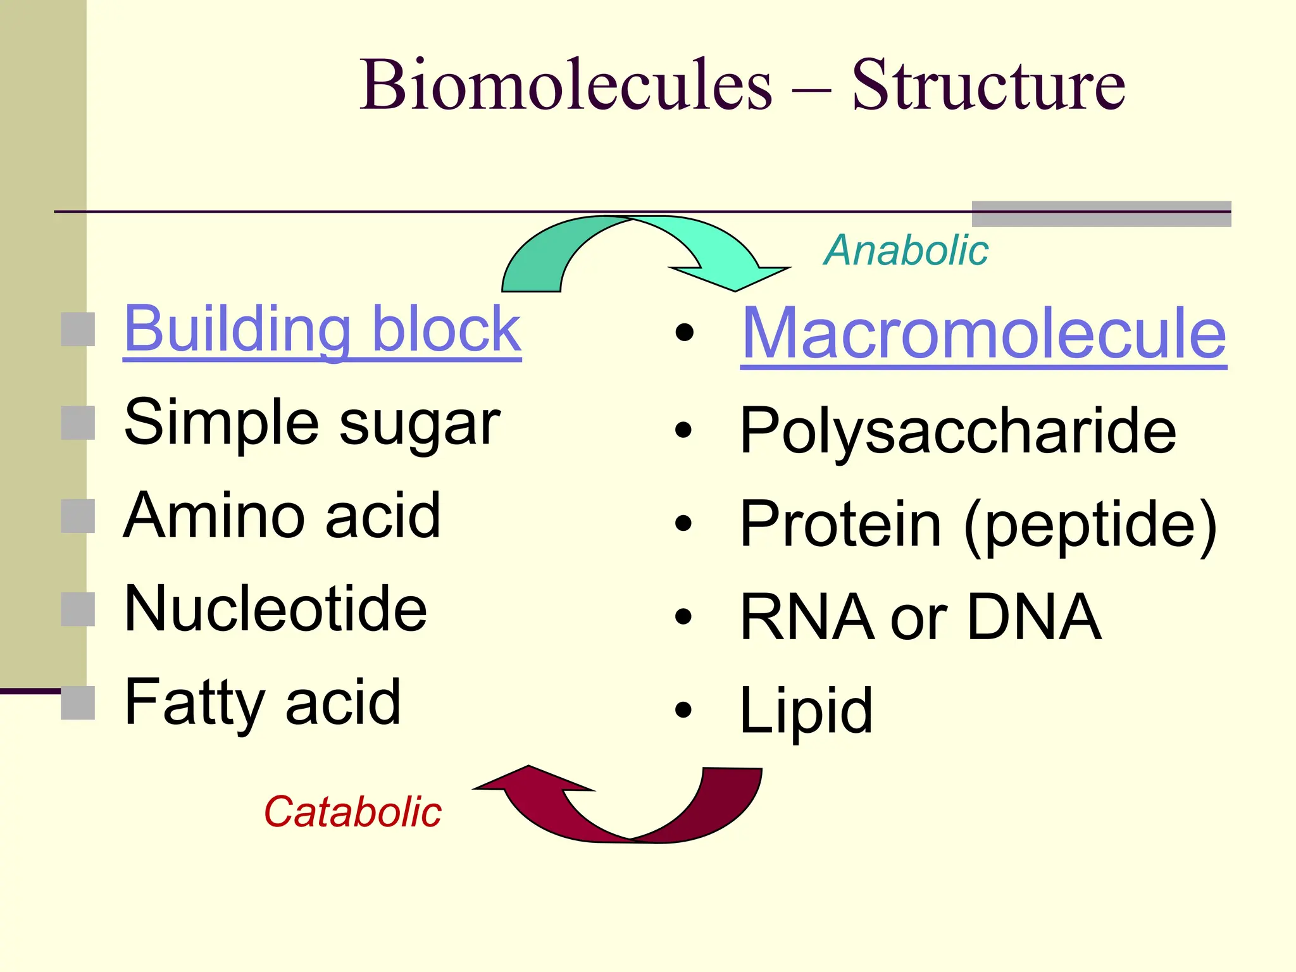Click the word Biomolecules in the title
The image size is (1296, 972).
pyautogui.click(x=566, y=85)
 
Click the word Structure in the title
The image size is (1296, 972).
pyautogui.click(x=988, y=85)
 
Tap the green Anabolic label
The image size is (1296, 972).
pyautogui.click(x=906, y=251)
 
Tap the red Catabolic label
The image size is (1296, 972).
pyautogui.click(x=352, y=812)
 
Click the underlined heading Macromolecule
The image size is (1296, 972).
pyautogui.click(x=983, y=334)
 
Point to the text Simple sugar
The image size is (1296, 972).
pyautogui.click(x=312, y=423)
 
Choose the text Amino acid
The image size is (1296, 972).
pyautogui.click(x=282, y=516)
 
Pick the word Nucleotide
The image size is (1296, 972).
pyautogui.click(x=275, y=609)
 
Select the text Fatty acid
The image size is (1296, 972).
pyautogui.click(x=263, y=702)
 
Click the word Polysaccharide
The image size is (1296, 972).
pyautogui.click(x=957, y=431)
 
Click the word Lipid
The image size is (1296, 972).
pyautogui.click(x=806, y=711)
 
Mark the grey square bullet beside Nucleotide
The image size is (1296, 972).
pyautogui.click(x=78, y=609)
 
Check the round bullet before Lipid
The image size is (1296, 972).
pyautogui.click(x=683, y=710)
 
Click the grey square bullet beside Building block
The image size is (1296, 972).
pyautogui.click(x=78, y=329)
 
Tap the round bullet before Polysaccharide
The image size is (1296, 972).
pyautogui.click(x=683, y=430)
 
